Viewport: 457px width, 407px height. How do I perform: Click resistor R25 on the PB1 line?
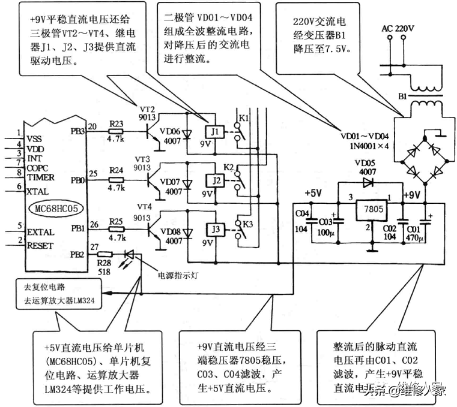tap(117, 228)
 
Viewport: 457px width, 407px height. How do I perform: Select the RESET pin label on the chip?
tap(40, 246)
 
